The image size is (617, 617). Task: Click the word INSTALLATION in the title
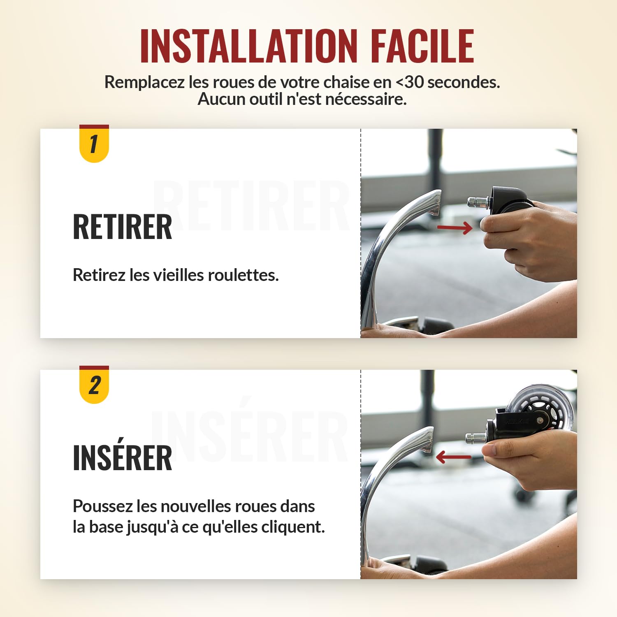(x=249, y=46)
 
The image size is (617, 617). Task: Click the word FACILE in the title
(x=423, y=46)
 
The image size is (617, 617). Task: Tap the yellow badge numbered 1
(x=94, y=144)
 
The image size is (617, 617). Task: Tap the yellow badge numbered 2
(x=94, y=385)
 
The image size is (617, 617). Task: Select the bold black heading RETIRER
(x=123, y=227)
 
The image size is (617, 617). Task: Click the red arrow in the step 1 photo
(x=455, y=227)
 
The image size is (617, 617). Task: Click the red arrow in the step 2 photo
(x=453, y=457)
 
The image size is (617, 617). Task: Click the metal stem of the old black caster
(x=478, y=202)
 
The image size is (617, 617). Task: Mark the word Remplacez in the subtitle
(x=144, y=83)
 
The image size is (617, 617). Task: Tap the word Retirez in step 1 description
(x=99, y=275)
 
